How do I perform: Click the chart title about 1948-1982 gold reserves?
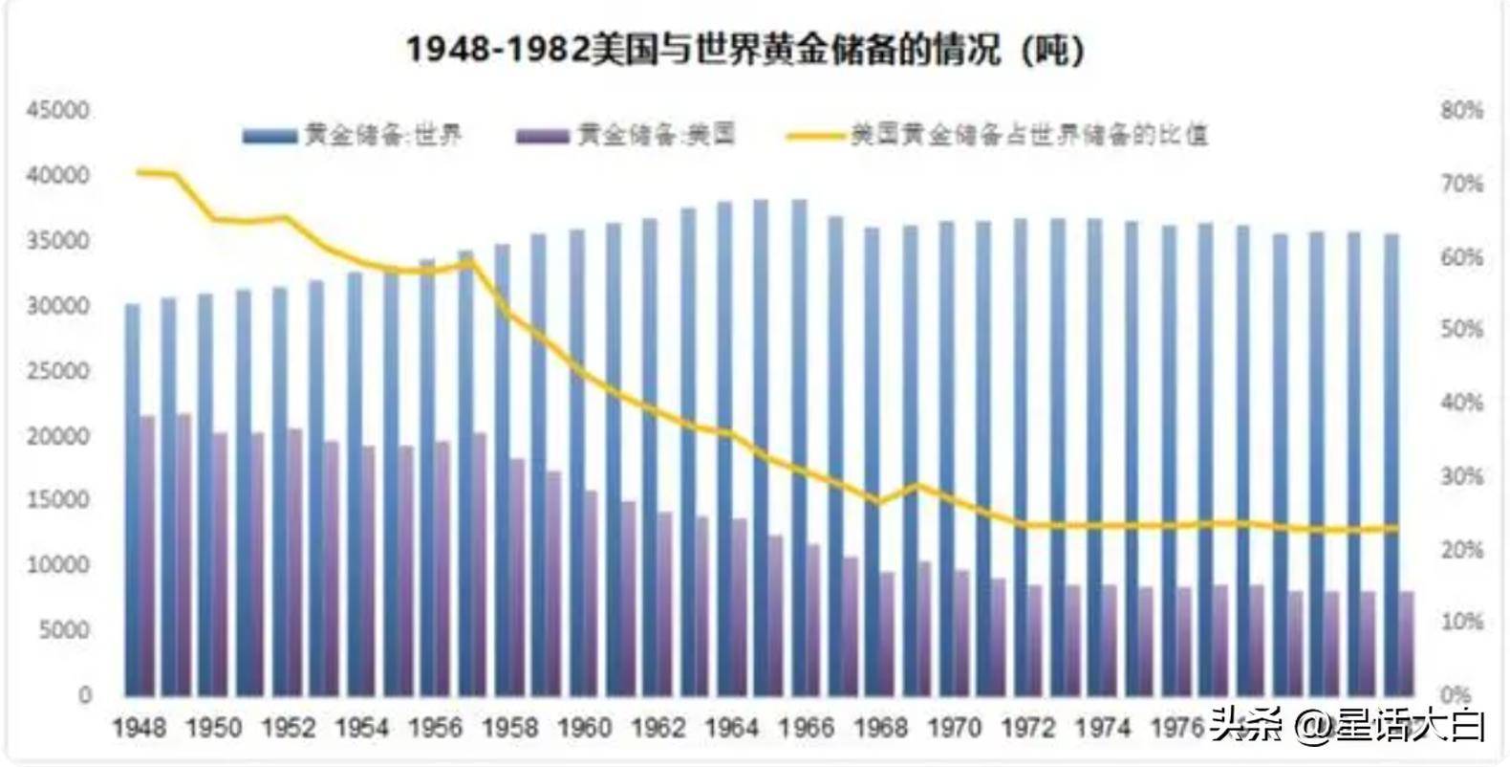745,49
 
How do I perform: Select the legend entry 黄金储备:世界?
354,135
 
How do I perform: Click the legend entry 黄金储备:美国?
627,135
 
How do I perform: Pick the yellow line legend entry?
998,135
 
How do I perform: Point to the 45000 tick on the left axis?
57,111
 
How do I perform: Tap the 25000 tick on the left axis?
57,371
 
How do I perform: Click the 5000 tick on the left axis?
57,630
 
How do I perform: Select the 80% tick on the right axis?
1461,111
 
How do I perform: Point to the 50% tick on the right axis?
1461,330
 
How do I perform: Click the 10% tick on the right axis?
1461,623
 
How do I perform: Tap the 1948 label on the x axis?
140,729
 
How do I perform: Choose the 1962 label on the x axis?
658,729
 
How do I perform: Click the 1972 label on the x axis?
1028,729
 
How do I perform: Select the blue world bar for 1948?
133,497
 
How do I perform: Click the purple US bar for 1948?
147,555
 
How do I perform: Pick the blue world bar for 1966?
799,449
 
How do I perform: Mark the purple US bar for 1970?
961,632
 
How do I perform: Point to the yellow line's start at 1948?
140,172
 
